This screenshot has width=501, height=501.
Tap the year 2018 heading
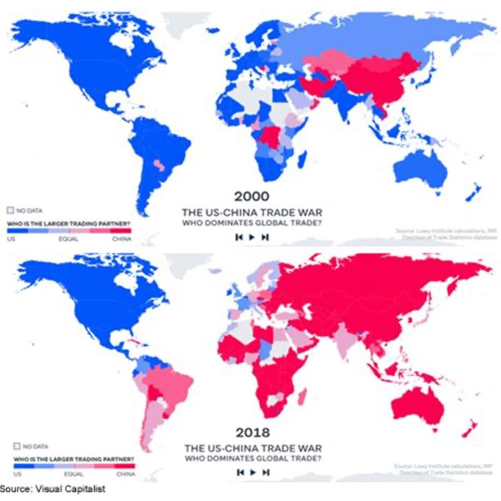point(251,431)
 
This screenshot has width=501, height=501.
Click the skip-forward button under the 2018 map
point(265,473)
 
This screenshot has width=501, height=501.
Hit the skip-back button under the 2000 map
point(238,237)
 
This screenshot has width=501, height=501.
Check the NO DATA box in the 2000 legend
point(9,210)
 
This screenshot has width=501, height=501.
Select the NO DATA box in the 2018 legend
point(9,445)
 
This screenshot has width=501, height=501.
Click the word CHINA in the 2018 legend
point(124,475)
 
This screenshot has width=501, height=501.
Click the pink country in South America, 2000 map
point(159,164)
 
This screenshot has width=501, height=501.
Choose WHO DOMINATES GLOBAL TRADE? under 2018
point(251,459)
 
